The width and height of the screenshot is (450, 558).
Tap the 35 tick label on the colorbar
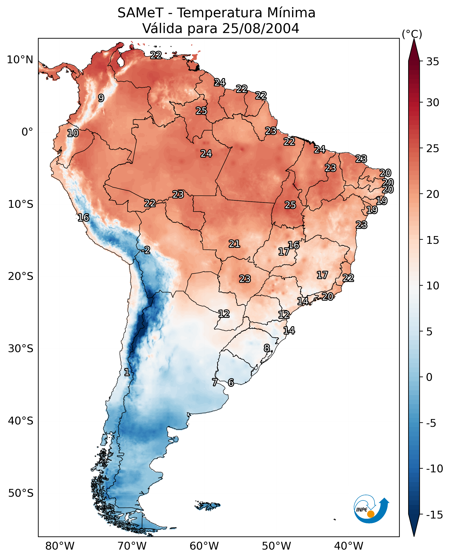point(433,61)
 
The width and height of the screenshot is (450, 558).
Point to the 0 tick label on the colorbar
point(429,377)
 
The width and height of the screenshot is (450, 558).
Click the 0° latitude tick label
point(27,132)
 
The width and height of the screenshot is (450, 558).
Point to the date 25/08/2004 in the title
point(261,28)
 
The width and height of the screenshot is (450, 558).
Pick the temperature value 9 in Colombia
point(101,98)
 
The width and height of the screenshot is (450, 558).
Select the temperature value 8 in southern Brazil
point(267,348)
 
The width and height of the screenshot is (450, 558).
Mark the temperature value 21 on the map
point(234,244)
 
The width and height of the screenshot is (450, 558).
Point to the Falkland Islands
point(207,505)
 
